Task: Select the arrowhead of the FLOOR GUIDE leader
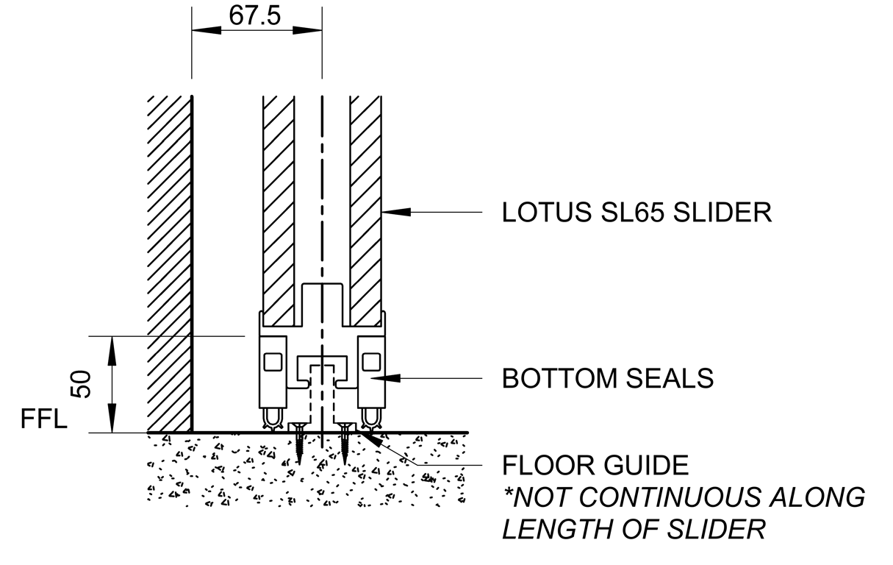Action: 370,439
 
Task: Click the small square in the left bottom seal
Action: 272,361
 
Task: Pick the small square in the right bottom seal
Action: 370,361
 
